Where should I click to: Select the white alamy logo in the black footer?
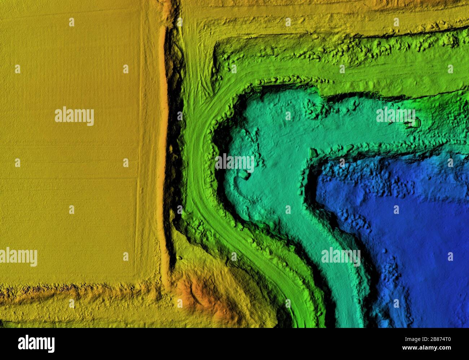pyautogui.click(x=36, y=344)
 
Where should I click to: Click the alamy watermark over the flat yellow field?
pyautogui.click(x=74, y=116)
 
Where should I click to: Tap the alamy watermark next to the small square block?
pyautogui.click(x=234, y=163)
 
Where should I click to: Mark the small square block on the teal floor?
pyautogui.click(x=244, y=175)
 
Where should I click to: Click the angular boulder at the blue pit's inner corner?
pyautogui.click(x=313, y=153)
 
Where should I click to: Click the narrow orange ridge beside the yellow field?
pyautogui.click(x=164, y=144)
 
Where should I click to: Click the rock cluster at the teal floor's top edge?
pyautogui.click(x=314, y=106)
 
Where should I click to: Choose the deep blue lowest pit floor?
pyautogui.click(x=415, y=224)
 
